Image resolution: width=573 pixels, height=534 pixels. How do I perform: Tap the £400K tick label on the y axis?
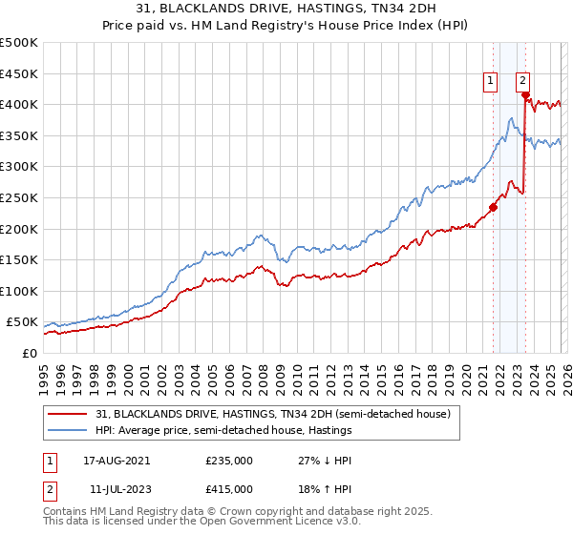(19, 104)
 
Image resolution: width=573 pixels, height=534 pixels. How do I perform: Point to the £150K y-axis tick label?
(19, 259)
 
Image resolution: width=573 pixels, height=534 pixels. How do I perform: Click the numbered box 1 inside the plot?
(490, 82)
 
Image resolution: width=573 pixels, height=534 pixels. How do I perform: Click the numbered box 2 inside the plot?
(523, 82)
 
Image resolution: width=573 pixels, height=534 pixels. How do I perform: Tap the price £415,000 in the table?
(229, 492)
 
